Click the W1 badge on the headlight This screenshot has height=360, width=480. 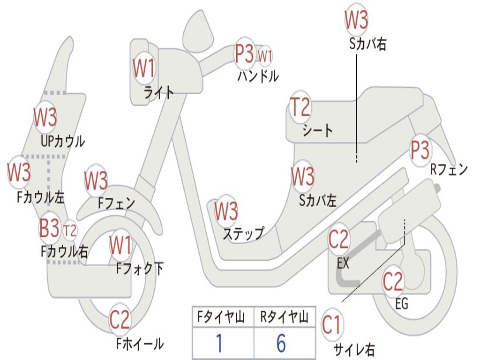[x=143, y=69]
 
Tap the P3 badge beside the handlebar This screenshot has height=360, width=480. [x=244, y=54]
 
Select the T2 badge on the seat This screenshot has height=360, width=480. [x=300, y=108]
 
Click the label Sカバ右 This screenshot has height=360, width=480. [x=368, y=44]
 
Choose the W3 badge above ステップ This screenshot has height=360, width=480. [x=226, y=211]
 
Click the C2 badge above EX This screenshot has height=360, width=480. [x=338, y=240]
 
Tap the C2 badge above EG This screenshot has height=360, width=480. [x=393, y=281]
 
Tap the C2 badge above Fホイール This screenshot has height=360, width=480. [x=119, y=320]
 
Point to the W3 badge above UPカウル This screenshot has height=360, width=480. [x=45, y=117]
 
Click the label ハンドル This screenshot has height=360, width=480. [x=258, y=76]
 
